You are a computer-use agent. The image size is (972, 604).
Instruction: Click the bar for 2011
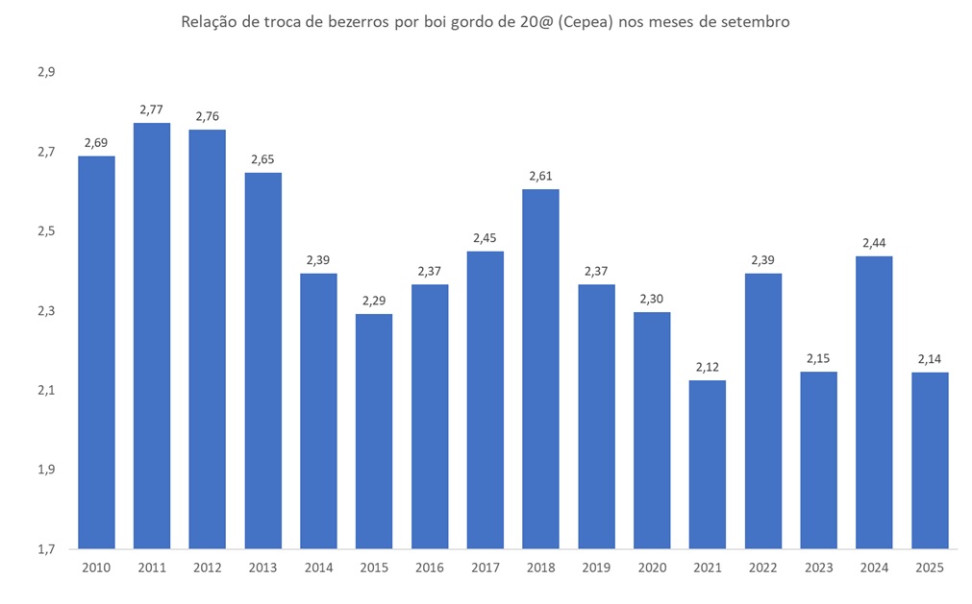point(152,336)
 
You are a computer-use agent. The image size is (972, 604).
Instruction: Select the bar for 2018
point(540,370)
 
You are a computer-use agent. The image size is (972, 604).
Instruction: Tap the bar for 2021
point(708,465)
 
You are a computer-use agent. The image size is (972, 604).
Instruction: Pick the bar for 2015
point(374,432)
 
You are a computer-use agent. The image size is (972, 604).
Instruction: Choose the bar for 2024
point(874,403)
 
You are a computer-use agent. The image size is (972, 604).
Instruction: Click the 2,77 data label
point(152,109)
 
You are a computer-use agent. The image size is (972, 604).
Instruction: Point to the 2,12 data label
point(708,367)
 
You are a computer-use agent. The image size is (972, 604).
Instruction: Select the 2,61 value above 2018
point(540,176)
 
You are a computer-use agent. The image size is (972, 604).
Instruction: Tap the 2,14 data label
point(930,359)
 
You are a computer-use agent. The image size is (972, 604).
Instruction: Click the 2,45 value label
point(486,238)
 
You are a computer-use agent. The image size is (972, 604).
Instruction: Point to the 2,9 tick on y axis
point(47,72)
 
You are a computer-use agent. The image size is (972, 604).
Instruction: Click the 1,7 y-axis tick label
point(47,549)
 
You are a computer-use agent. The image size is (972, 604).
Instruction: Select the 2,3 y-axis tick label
point(47,311)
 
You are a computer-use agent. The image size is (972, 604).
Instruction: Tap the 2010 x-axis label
point(96,568)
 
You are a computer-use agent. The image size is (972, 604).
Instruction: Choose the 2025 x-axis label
point(930,568)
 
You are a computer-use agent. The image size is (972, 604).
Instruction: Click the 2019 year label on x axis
point(596,568)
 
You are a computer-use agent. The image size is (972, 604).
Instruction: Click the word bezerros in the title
point(351,22)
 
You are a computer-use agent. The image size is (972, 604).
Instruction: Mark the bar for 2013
point(263,361)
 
